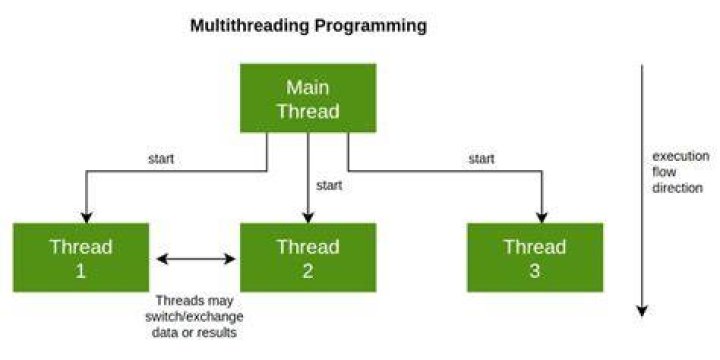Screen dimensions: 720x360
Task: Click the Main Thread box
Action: pos(308,98)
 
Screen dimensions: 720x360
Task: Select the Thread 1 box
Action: pos(81,258)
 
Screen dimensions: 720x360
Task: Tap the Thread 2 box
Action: pos(308,258)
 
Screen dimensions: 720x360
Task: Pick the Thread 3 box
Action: pos(535,258)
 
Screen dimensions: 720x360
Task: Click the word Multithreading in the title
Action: pos(250,26)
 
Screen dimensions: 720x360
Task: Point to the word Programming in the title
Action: pos(371,27)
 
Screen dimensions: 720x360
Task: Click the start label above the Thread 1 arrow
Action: pos(161,159)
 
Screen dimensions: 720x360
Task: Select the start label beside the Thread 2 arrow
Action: pos(329,186)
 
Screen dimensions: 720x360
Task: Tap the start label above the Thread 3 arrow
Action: pos(482,159)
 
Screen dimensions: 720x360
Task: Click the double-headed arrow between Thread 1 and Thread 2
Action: pos(196,259)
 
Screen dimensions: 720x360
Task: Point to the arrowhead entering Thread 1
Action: pos(87,218)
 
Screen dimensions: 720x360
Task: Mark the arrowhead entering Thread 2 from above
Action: pos(308,218)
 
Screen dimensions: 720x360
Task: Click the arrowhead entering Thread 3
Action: pos(542,218)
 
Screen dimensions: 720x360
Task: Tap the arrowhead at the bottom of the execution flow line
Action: pos(642,311)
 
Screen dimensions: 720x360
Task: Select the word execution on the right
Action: pos(681,156)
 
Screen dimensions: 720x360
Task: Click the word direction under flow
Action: pos(678,188)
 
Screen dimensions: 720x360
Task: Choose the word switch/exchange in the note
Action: pos(194,317)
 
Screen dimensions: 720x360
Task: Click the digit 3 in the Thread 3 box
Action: pos(534,271)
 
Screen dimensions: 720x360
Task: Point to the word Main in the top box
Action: pos(308,87)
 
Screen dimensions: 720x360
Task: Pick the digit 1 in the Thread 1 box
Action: pos(80,271)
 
